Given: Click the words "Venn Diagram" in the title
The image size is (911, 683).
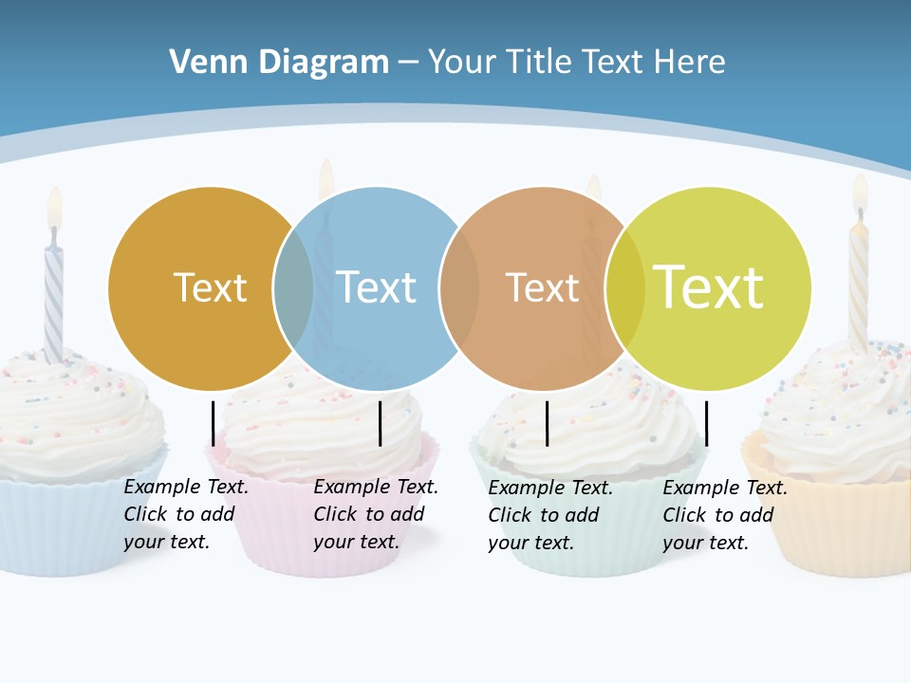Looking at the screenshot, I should [279, 63].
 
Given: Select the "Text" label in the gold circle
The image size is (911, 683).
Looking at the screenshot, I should [210, 287].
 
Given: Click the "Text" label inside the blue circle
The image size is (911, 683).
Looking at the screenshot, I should [376, 287].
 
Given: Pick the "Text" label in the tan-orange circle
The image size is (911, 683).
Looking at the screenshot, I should [542, 287].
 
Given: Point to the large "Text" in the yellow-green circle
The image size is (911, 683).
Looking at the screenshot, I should [708, 287].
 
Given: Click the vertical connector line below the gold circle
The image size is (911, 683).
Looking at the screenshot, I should [213, 423].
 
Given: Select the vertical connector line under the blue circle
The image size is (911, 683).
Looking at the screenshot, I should [380, 423].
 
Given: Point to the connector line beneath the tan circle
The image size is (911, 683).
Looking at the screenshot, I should [547, 423].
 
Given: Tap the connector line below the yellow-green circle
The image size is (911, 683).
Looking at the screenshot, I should [706, 423].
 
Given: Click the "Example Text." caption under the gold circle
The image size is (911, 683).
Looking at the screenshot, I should [186, 488].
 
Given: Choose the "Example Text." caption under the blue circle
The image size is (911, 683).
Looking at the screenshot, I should [376, 488].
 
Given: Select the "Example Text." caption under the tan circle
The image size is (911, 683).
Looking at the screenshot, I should [550, 489].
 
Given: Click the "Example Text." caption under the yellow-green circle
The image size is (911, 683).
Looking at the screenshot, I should [725, 489].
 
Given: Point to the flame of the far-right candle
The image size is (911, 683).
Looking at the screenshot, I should [859, 193].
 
